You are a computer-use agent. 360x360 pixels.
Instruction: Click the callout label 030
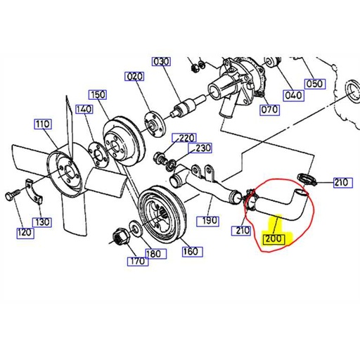coord(162,62)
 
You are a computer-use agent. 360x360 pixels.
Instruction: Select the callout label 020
coord(134,76)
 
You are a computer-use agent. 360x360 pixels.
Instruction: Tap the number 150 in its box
coord(98,94)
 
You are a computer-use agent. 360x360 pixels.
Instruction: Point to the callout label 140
coord(84,109)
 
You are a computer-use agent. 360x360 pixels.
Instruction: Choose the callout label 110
coord(43,124)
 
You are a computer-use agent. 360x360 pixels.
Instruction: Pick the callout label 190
coord(210,220)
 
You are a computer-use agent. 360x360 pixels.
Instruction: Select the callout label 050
coord(314,84)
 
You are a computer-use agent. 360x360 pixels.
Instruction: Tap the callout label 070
coord(268,109)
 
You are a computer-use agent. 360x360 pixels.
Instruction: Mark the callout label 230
coord(203,148)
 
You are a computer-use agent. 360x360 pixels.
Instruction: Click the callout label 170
coord(136,262)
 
